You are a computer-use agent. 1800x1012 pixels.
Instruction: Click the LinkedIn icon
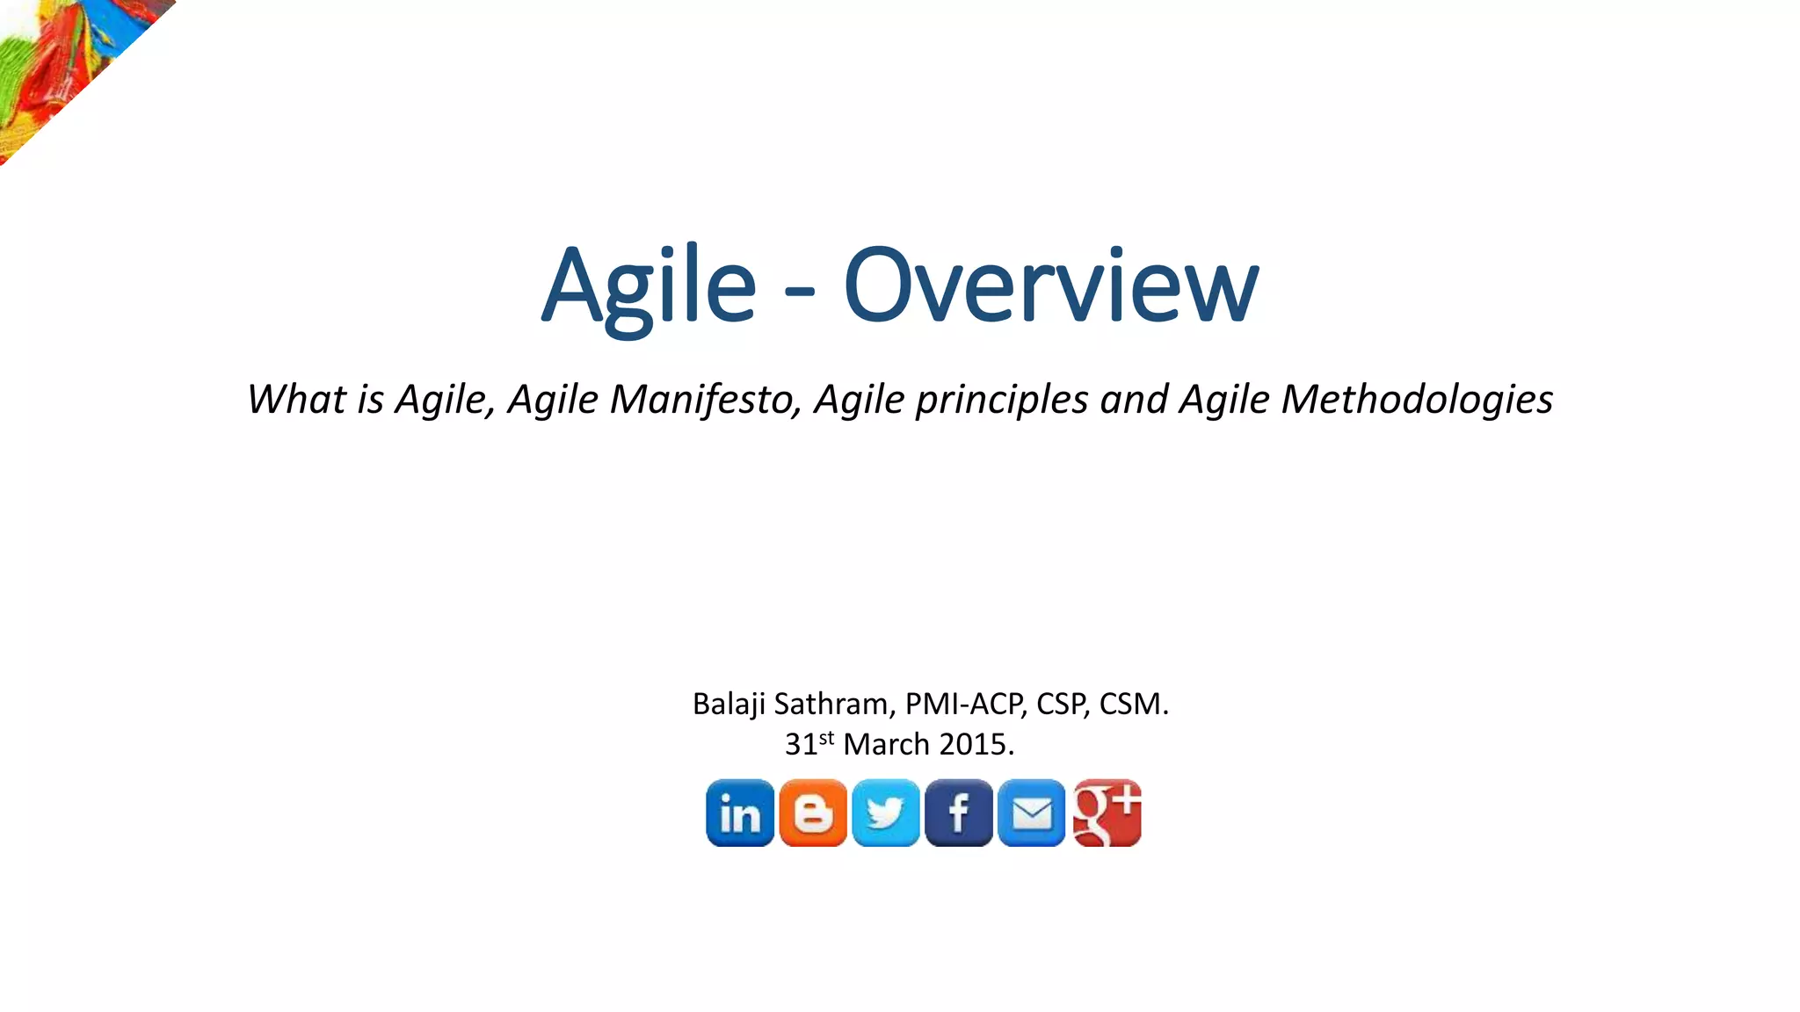[740, 813]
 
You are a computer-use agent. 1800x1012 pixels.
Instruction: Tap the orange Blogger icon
[813, 813]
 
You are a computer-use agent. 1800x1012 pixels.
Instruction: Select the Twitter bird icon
[886, 813]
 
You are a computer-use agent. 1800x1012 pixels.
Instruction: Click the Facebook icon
[959, 813]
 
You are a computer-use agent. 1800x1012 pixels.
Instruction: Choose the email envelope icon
[1032, 813]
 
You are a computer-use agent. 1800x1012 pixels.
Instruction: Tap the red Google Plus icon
[1107, 813]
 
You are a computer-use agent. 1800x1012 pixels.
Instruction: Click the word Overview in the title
[1051, 286]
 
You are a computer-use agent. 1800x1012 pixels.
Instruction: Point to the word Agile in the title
[649, 286]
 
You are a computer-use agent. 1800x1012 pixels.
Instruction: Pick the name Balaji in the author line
[729, 705]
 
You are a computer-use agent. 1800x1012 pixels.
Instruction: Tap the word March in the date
[886, 745]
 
